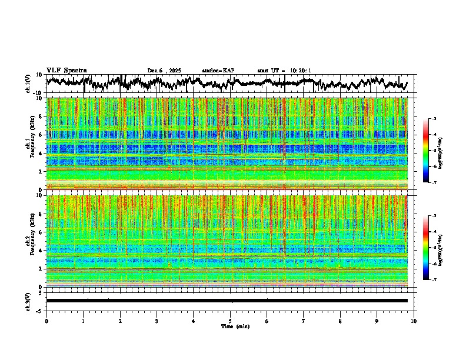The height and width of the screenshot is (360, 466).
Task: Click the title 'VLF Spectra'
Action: coord(66,70)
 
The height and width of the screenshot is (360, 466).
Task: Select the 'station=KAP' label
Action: coord(218,71)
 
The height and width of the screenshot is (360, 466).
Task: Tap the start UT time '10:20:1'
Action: coord(300,71)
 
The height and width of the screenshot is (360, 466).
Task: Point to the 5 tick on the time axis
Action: coord(230,321)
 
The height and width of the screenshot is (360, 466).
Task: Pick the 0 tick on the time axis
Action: coord(46,321)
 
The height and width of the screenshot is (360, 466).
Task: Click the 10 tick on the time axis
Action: coord(414,321)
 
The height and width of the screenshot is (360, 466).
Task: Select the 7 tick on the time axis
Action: coord(304,321)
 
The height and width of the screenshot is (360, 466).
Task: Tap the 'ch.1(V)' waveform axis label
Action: coord(28,84)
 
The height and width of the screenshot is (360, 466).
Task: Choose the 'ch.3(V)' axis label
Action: coord(28,301)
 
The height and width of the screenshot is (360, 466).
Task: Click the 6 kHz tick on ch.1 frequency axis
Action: coord(42,135)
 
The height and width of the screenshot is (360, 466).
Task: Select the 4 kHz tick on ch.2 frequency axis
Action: coord(42,250)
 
